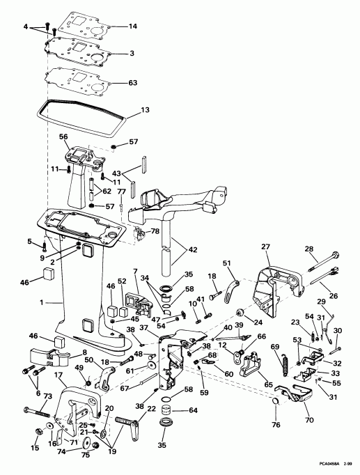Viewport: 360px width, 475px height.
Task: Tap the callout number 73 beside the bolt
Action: point(48,396)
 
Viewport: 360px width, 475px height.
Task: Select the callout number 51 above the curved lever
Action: point(226,263)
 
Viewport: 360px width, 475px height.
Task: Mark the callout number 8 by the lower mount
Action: point(65,352)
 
